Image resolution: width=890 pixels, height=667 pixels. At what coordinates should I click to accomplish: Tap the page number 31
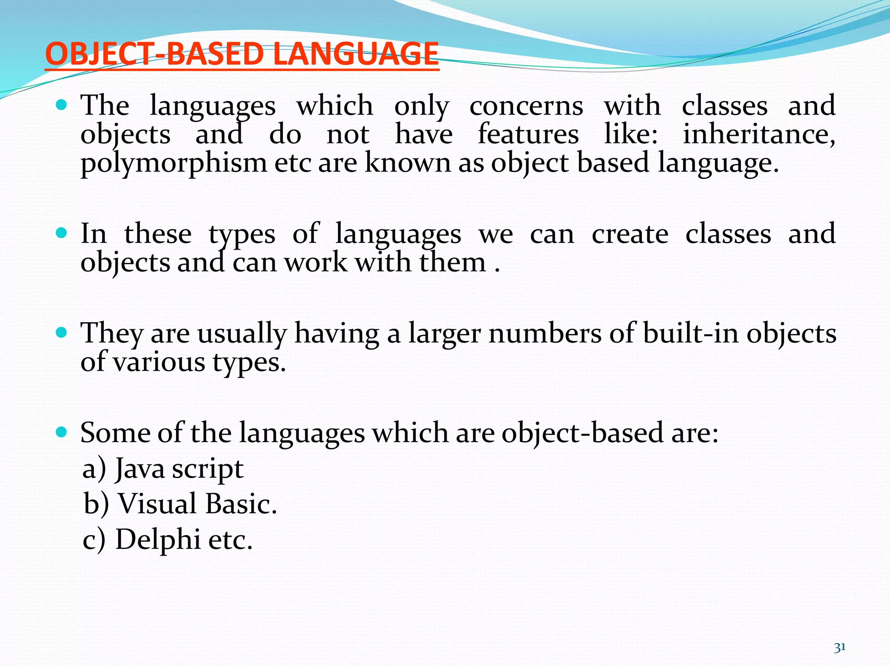pos(840,647)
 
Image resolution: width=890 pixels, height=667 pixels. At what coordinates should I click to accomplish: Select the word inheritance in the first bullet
pos(758,134)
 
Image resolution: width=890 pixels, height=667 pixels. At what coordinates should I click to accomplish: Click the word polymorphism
pos(174,164)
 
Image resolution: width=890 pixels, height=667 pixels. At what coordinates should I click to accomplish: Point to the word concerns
pos(526,106)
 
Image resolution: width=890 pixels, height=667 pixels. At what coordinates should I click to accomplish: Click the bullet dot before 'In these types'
pos(62,233)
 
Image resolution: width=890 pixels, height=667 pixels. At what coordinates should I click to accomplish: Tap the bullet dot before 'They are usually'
pos(62,333)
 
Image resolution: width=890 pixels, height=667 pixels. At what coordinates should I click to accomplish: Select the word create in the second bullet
pos(630,234)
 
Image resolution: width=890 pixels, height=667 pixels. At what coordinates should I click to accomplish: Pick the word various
pos(159,362)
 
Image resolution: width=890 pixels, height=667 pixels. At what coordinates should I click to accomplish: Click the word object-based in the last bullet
pos(583,433)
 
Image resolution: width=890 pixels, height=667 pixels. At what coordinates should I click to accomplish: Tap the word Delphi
pos(158,540)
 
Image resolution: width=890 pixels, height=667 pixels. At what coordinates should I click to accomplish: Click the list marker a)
pos(94,469)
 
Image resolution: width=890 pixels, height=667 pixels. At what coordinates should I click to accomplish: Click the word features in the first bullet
pos(528,134)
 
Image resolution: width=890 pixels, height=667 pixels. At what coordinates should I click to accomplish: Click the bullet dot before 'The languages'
pos(62,105)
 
